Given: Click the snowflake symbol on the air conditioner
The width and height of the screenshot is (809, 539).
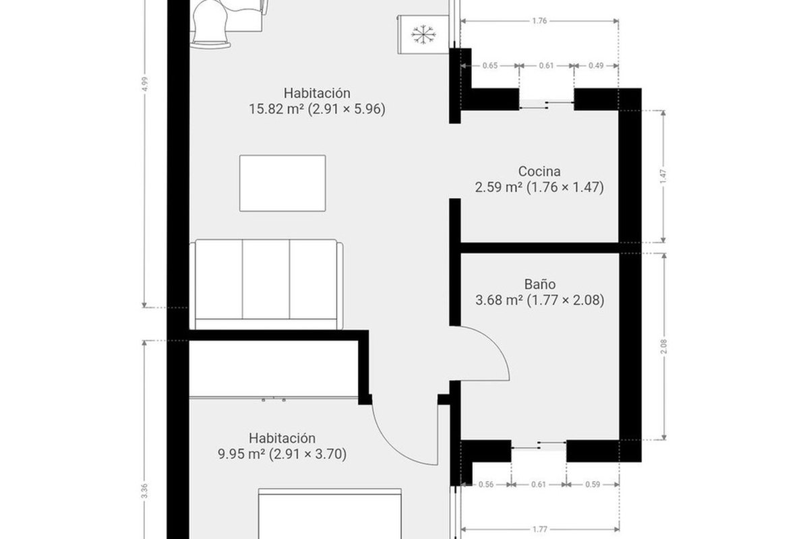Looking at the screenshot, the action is pyautogui.click(x=423, y=35).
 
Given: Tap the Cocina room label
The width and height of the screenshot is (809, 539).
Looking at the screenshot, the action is pyautogui.click(x=539, y=171).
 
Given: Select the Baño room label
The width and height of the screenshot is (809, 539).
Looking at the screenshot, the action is pyautogui.click(x=540, y=284).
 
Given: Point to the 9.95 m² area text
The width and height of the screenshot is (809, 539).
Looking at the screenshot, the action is pyautogui.click(x=241, y=454).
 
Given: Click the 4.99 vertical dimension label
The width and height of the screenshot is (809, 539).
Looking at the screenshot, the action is pyautogui.click(x=144, y=84).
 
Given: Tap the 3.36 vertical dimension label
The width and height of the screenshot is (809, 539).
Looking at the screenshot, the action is pyautogui.click(x=144, y=491).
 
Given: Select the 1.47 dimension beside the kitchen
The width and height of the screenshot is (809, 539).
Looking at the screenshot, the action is pyautogui.click(x=663, y=176).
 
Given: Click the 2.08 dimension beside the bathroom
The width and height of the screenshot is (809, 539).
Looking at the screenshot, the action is pyautogui.click(x=664, y=346).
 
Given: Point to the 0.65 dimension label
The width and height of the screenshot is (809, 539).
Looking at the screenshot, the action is pyautogui.click(x=490, y=66).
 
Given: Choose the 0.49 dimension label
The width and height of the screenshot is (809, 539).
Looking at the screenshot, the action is pyautogui.click(x=596, y=66).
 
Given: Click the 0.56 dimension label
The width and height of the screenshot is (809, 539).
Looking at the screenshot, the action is pyautogui.click(x=486, y=484).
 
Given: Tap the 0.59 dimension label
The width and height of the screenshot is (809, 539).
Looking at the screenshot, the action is pyautogui.click(x=593, y=484).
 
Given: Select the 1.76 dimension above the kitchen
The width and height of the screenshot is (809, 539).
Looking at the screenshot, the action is pyautogui.click(x=539, y=21).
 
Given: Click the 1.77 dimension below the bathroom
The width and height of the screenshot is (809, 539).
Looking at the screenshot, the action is pyautogui.click(x=540, y=530).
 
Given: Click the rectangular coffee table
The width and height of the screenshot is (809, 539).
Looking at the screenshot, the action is pyautogui.click(x=282, y=183).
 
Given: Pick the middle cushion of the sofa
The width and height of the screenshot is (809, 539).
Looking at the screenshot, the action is pyautogui.click(x=266, y=279).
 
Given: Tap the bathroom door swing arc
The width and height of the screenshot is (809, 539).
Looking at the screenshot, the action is pyautogui.click(x=499, y=346).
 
